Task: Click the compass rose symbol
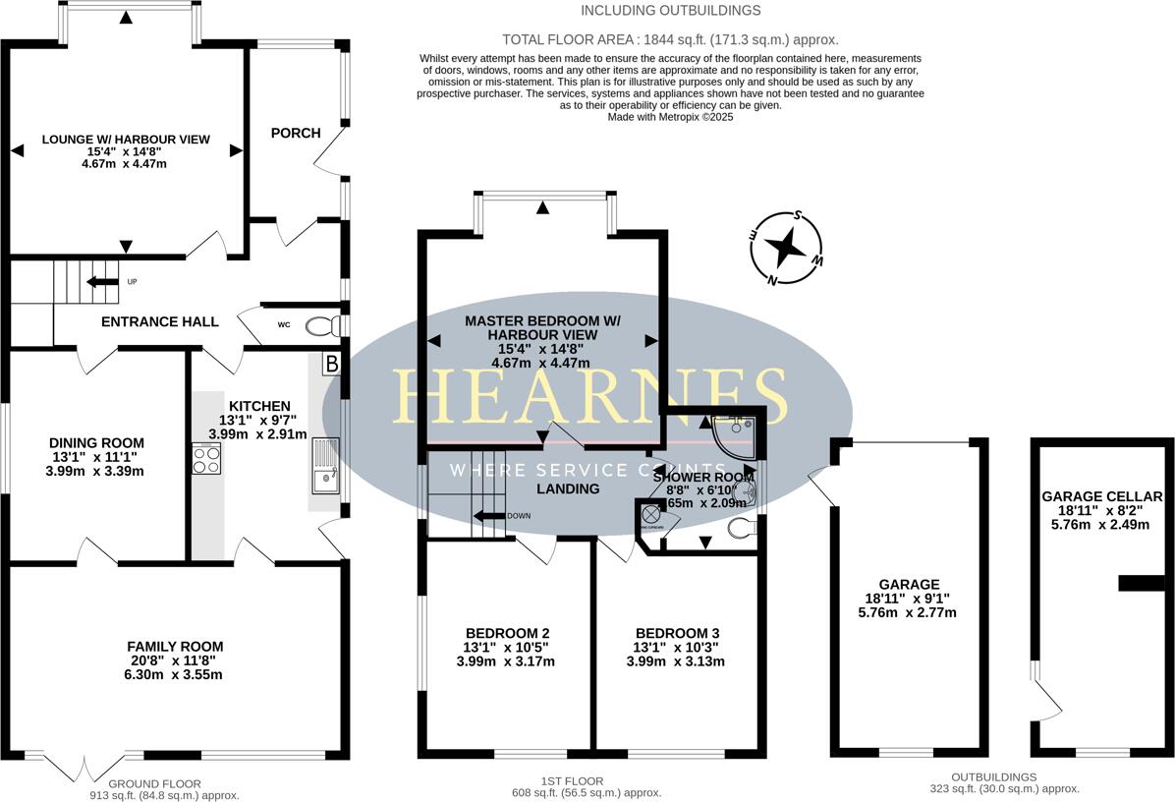click(786, 248)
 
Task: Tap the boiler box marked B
click(331, 365)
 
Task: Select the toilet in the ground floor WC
click(320, 326)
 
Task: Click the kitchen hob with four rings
click(206, 459)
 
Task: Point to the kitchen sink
click(323, 466)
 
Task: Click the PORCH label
click(296, 133)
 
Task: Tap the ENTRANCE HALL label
click(159, 321)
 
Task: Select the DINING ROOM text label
click(96, 442)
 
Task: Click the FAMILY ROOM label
click(175, 646)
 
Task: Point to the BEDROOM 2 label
click(507, 632)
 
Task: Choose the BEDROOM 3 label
click(677, 632)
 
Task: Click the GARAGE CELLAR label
click(1101, 496)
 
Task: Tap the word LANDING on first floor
click(568, 488)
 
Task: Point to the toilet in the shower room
click(743, 529)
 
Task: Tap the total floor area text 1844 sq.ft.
click(670, 40)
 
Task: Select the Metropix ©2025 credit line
click(670, 116)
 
